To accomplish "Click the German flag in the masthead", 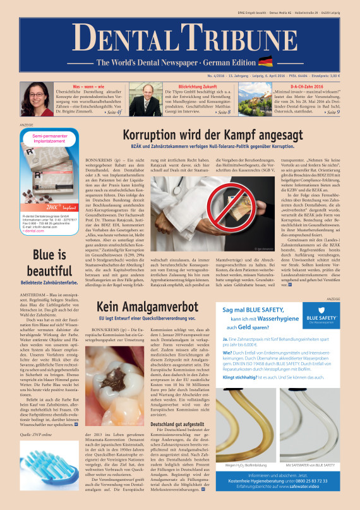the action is [265, 62].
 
